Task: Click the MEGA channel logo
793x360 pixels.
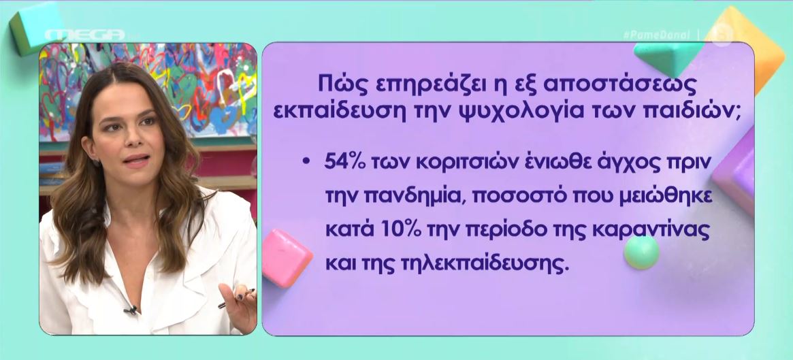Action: pyautogui.click(x=85, y=35)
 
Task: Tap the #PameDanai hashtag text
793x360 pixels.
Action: pyautogui.click(x=656, y=35)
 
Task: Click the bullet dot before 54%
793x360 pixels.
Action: pyautogui.click(x=306, y=163)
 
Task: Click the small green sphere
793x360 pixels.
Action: pyautogui.click(x=641, y=252)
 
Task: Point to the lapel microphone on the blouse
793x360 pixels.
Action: pyautogui.click(x=131, y=309)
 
